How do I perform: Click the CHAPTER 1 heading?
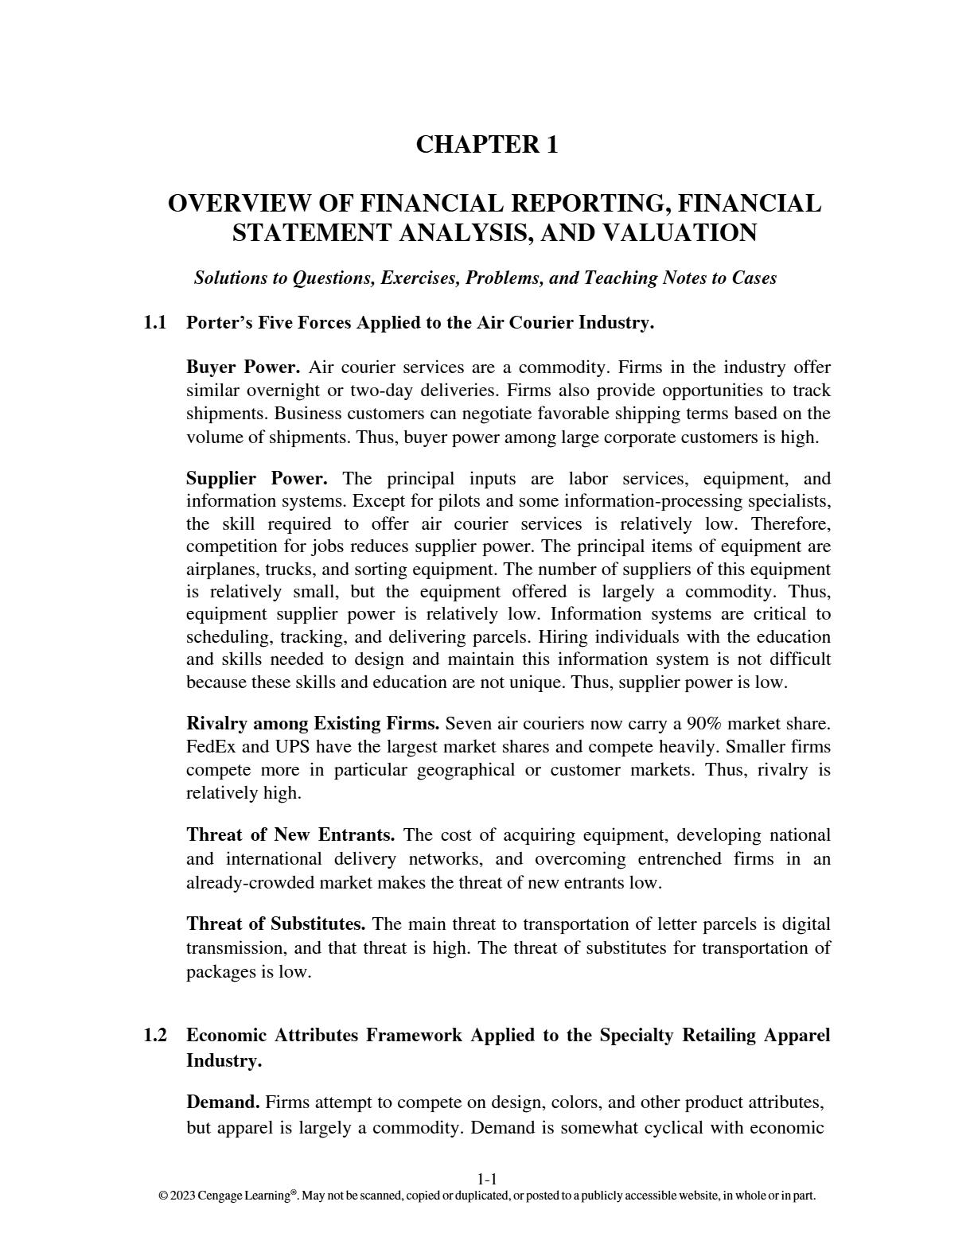(486, 145)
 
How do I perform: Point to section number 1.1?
(155, 323)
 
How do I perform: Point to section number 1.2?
(155, 1035)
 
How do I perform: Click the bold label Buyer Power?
(243, 367)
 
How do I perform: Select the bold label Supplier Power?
(256, 479)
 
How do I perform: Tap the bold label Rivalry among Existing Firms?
(312, 724)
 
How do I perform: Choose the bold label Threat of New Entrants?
(290, 835)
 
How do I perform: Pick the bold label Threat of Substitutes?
(275, 924)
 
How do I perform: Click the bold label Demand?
(223, 1102)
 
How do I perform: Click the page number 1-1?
(487, 1180)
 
